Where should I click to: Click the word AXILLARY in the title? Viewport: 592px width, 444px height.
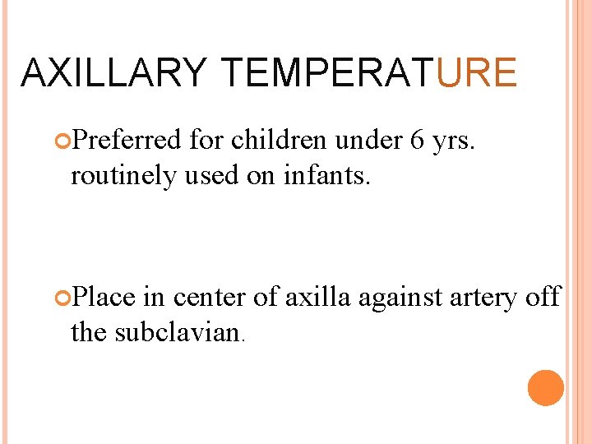point(113,72)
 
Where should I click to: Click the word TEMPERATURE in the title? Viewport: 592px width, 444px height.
point(370,72)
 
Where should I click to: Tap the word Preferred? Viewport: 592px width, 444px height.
point(127,141)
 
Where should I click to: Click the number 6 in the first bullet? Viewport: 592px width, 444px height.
point(416,141)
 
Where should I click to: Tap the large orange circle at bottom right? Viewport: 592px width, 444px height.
point(546,388)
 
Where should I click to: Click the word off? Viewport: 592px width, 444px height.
point(543,296)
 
